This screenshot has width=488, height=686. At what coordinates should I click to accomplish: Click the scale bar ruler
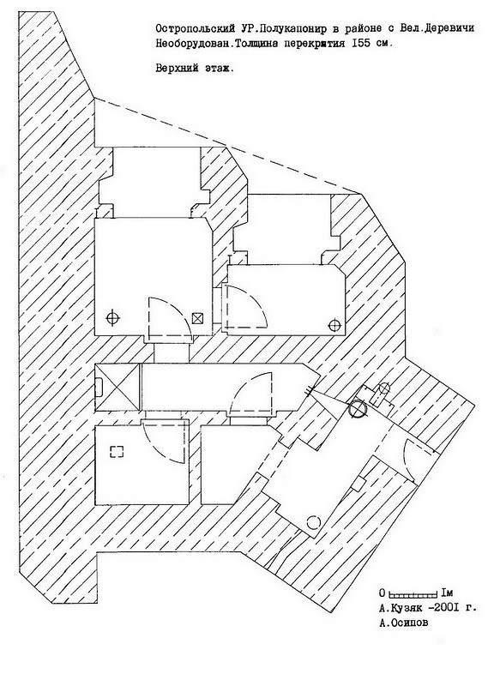(413, 594)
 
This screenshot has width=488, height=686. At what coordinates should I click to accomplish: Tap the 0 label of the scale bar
(383, 593)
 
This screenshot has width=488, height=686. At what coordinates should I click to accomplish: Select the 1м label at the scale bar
(447, 593)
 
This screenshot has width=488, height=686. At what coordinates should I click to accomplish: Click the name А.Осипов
(404, 623)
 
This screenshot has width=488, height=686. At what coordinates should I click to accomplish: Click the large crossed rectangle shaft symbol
(117, 387)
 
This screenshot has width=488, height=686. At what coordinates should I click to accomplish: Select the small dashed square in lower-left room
(117, 452)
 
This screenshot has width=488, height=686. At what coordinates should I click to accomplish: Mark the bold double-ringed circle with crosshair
(358, 409)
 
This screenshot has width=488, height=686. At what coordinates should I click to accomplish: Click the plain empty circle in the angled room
(313, 522)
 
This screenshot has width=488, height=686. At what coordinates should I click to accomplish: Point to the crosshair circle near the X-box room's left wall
(113, 317)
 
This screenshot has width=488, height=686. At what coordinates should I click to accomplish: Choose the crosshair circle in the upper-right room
(334, 326)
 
